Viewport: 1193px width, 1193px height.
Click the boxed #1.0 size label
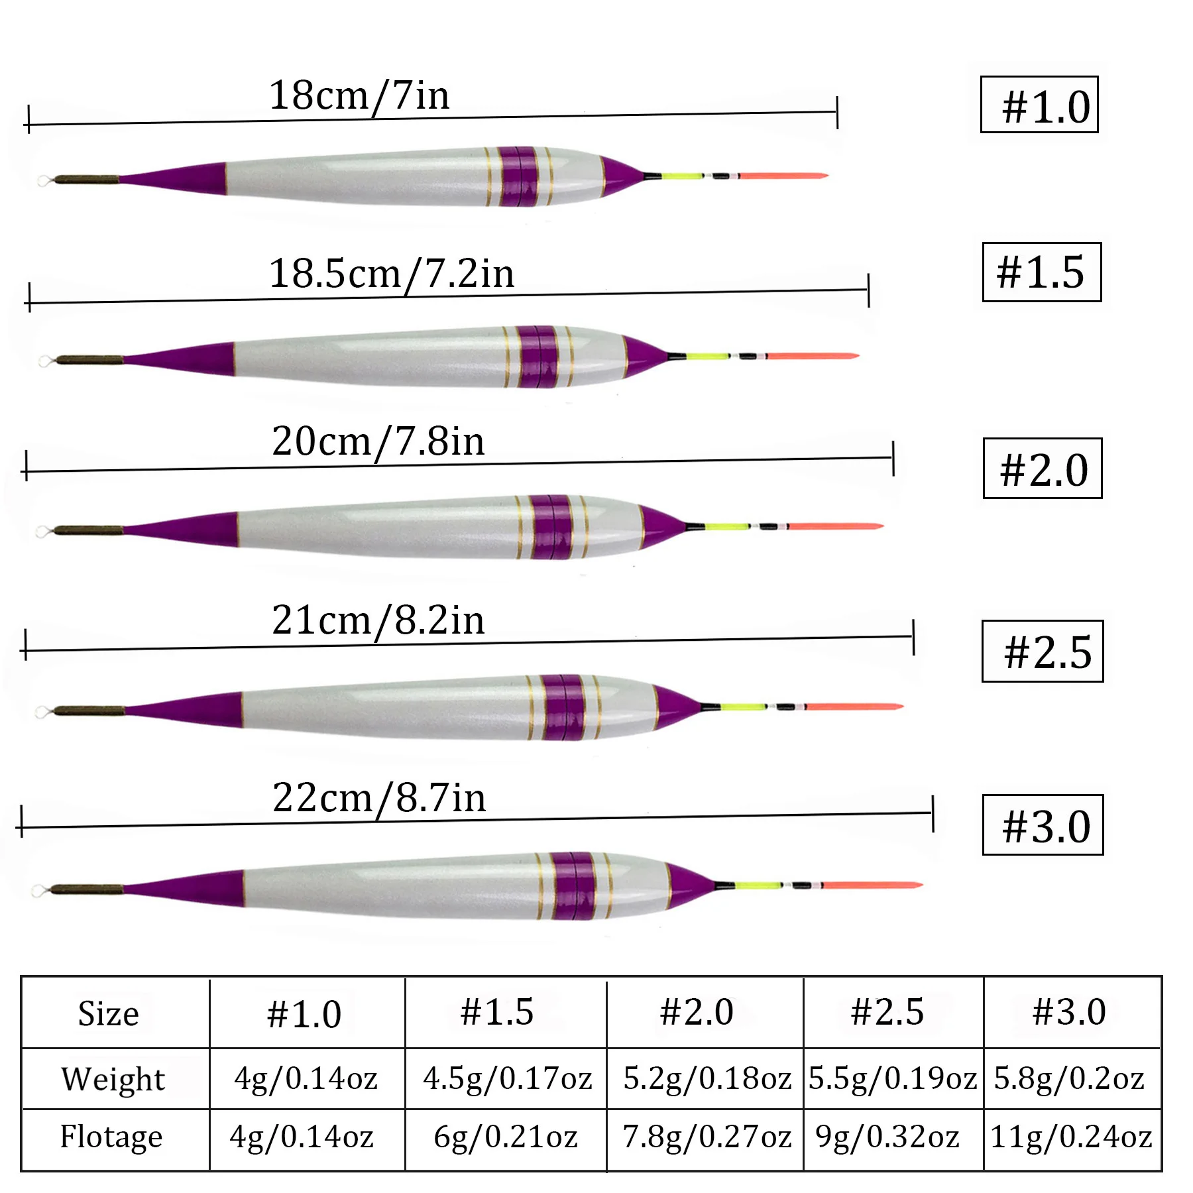1039,105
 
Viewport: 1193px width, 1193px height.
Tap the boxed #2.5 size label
1042,651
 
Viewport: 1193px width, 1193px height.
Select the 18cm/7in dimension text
359,96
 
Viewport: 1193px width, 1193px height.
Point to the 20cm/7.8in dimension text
378,441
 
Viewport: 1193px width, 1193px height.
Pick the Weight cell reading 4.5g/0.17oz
506,1078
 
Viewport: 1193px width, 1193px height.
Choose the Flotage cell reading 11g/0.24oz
1071,1137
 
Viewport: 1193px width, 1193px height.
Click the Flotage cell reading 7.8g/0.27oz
706,1137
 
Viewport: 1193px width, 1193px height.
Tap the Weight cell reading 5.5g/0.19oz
892,1078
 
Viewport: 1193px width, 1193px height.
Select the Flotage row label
111,1137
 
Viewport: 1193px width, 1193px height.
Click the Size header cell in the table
109,1013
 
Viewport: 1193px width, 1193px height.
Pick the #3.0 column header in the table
1068,1012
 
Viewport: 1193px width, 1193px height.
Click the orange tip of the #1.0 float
782,176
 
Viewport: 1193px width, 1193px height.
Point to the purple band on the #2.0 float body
551,527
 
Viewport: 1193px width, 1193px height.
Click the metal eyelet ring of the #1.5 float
45,361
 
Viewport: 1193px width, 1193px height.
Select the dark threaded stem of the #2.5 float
89,711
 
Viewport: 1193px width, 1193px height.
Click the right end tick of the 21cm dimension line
913,638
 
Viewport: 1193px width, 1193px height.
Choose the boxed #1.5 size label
1041,272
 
